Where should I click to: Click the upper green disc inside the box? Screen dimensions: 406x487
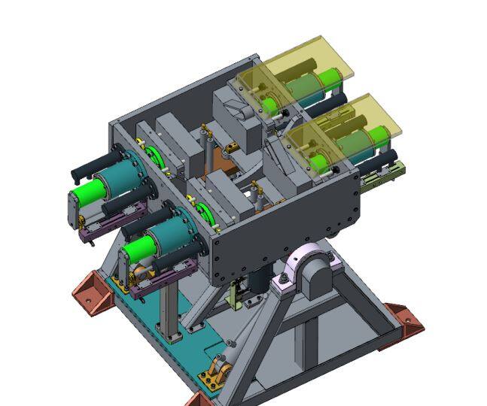[x=154, y=157]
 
